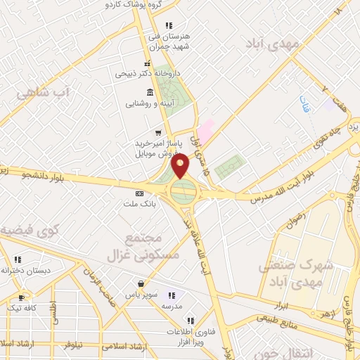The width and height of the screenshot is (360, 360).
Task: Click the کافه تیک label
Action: click(20, 308)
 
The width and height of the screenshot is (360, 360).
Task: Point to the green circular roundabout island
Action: click(182, 191)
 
